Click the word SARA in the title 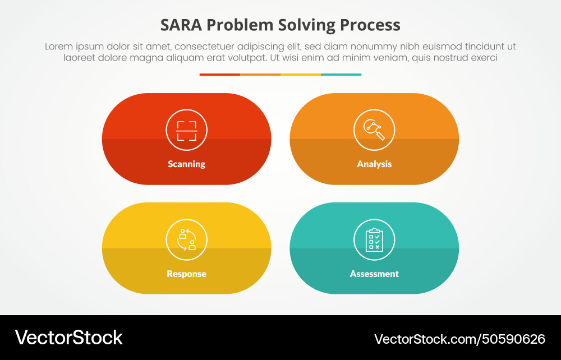(x=181, y=25)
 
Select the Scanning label (x=186, y=164)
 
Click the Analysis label (x=374, y=164)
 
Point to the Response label (x=186, y=274)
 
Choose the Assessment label (x=374, y=274)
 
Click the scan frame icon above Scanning (x=186, y=130)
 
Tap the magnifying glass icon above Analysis (x=374, y=130)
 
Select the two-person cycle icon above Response (x=186, y=239)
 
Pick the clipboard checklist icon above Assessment (x=374, y=239)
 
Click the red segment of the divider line (x=220, y=75)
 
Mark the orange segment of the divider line (x=260, y=75)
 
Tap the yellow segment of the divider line (x=301, y=75)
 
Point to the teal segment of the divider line (x=341, y=75)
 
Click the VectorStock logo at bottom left (x=68, y=338)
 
